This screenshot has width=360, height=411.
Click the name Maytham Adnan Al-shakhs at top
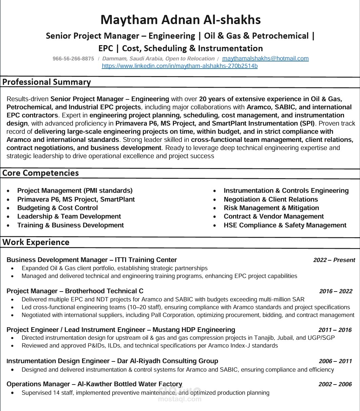tap(180, 20)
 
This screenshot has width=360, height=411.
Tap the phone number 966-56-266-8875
tap(73, 59)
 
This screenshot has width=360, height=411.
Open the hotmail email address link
tap(265, 58)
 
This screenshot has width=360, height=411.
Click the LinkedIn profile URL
tap(180, 66)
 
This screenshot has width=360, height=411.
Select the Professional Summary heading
tap(46, 82)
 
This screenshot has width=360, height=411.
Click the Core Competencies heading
tap(40, 173)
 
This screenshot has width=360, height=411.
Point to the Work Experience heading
tap(36, 242)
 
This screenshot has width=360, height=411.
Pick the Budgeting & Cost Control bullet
tap(57, 208)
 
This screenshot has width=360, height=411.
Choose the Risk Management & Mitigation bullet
tap(271, 208)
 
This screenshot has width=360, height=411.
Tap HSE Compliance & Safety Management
tap(285, 225)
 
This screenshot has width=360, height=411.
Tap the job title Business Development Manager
tap(57, 260)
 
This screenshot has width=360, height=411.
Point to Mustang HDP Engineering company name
tap(194, 330)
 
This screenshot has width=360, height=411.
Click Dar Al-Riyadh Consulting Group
tap(167, 361)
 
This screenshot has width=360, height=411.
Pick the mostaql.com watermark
tap(180, 396)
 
